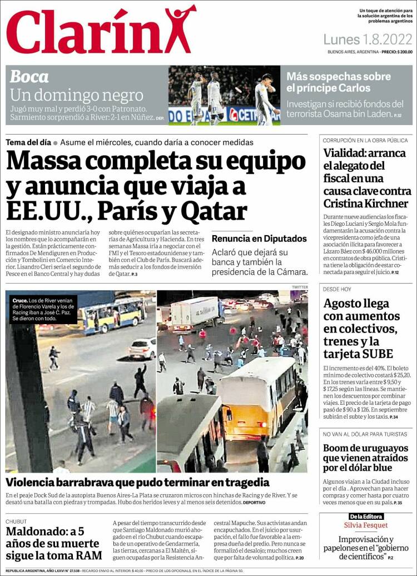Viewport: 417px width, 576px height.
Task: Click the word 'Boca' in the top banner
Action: (x=29, y=76)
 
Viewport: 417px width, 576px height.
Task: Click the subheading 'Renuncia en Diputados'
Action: (x=259, y=239)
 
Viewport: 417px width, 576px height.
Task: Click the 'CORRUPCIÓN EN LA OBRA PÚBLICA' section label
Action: (x=365, y=141)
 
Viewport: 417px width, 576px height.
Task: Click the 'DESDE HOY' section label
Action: (x=337, y=289)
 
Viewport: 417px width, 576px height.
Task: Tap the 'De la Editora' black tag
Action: (x=366, y=517)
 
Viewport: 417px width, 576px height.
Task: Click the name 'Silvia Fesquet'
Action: (x=366, y=525)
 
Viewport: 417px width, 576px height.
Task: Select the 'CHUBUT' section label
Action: (x=16, y=522)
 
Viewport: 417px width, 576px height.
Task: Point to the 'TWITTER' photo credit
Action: (x=299, y=287)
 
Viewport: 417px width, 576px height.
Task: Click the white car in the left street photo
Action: (x=142, y=348)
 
